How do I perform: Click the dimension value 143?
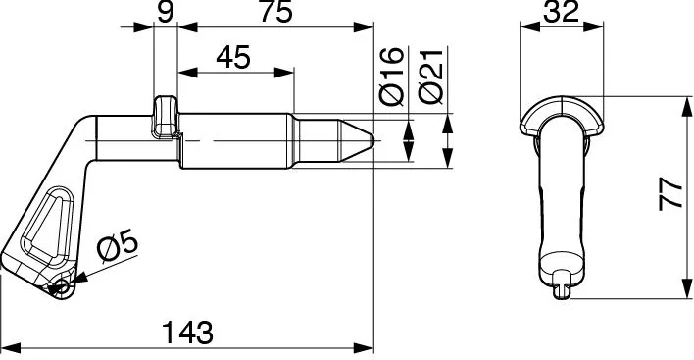[x=187, y=333]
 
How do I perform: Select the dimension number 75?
[x=275, y=12]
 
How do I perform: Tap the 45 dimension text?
[x=233, y=57]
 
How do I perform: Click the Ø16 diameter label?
[x=392, y=77]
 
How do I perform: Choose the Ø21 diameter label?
[x=430, y=77]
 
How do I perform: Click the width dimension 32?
[x=562, y=12]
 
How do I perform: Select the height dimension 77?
[x=671, y=193]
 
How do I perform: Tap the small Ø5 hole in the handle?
[x=62, y=287]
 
